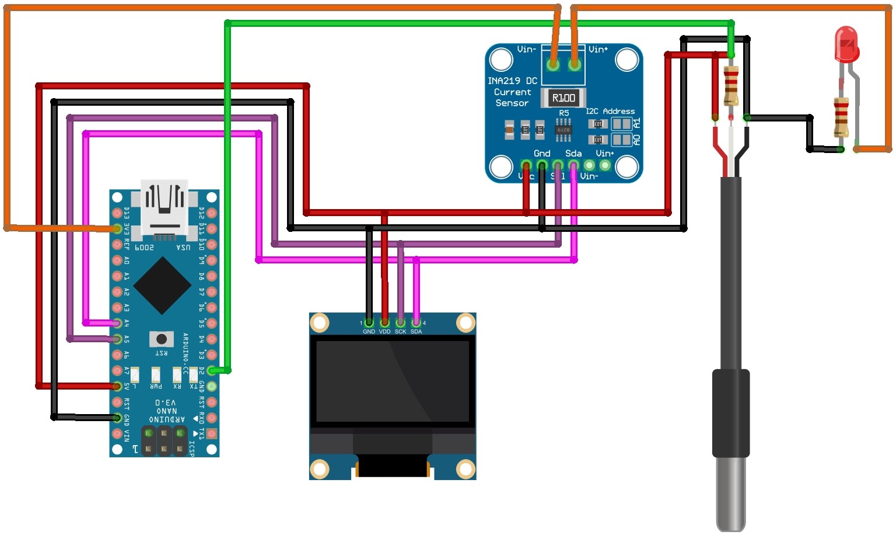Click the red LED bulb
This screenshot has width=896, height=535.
click(846, 44)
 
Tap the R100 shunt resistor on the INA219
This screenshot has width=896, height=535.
click(563, 98)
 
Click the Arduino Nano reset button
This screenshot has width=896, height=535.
click(162, 339)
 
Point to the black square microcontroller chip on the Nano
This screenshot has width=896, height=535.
click(162, 286)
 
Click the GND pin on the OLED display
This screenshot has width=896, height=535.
click(369, 322)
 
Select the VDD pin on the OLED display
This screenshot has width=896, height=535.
click(384, 322)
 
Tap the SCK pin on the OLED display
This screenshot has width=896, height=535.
click(400, 322)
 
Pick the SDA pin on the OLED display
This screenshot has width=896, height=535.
click(416, 322)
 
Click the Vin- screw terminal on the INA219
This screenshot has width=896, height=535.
click(553, 64)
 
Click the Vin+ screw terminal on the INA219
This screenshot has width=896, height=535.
click(575, 64)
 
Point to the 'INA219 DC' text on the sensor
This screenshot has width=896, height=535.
click(512, 81)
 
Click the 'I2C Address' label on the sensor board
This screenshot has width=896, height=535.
click(610, 111)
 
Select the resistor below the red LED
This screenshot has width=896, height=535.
click(841, 117)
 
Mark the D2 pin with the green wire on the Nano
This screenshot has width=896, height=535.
click(212, 370)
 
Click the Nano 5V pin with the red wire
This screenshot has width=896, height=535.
click(117, 386)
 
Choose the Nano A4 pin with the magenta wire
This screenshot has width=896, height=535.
click(117, 323)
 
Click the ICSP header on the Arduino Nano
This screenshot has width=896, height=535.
click(164, 441)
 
